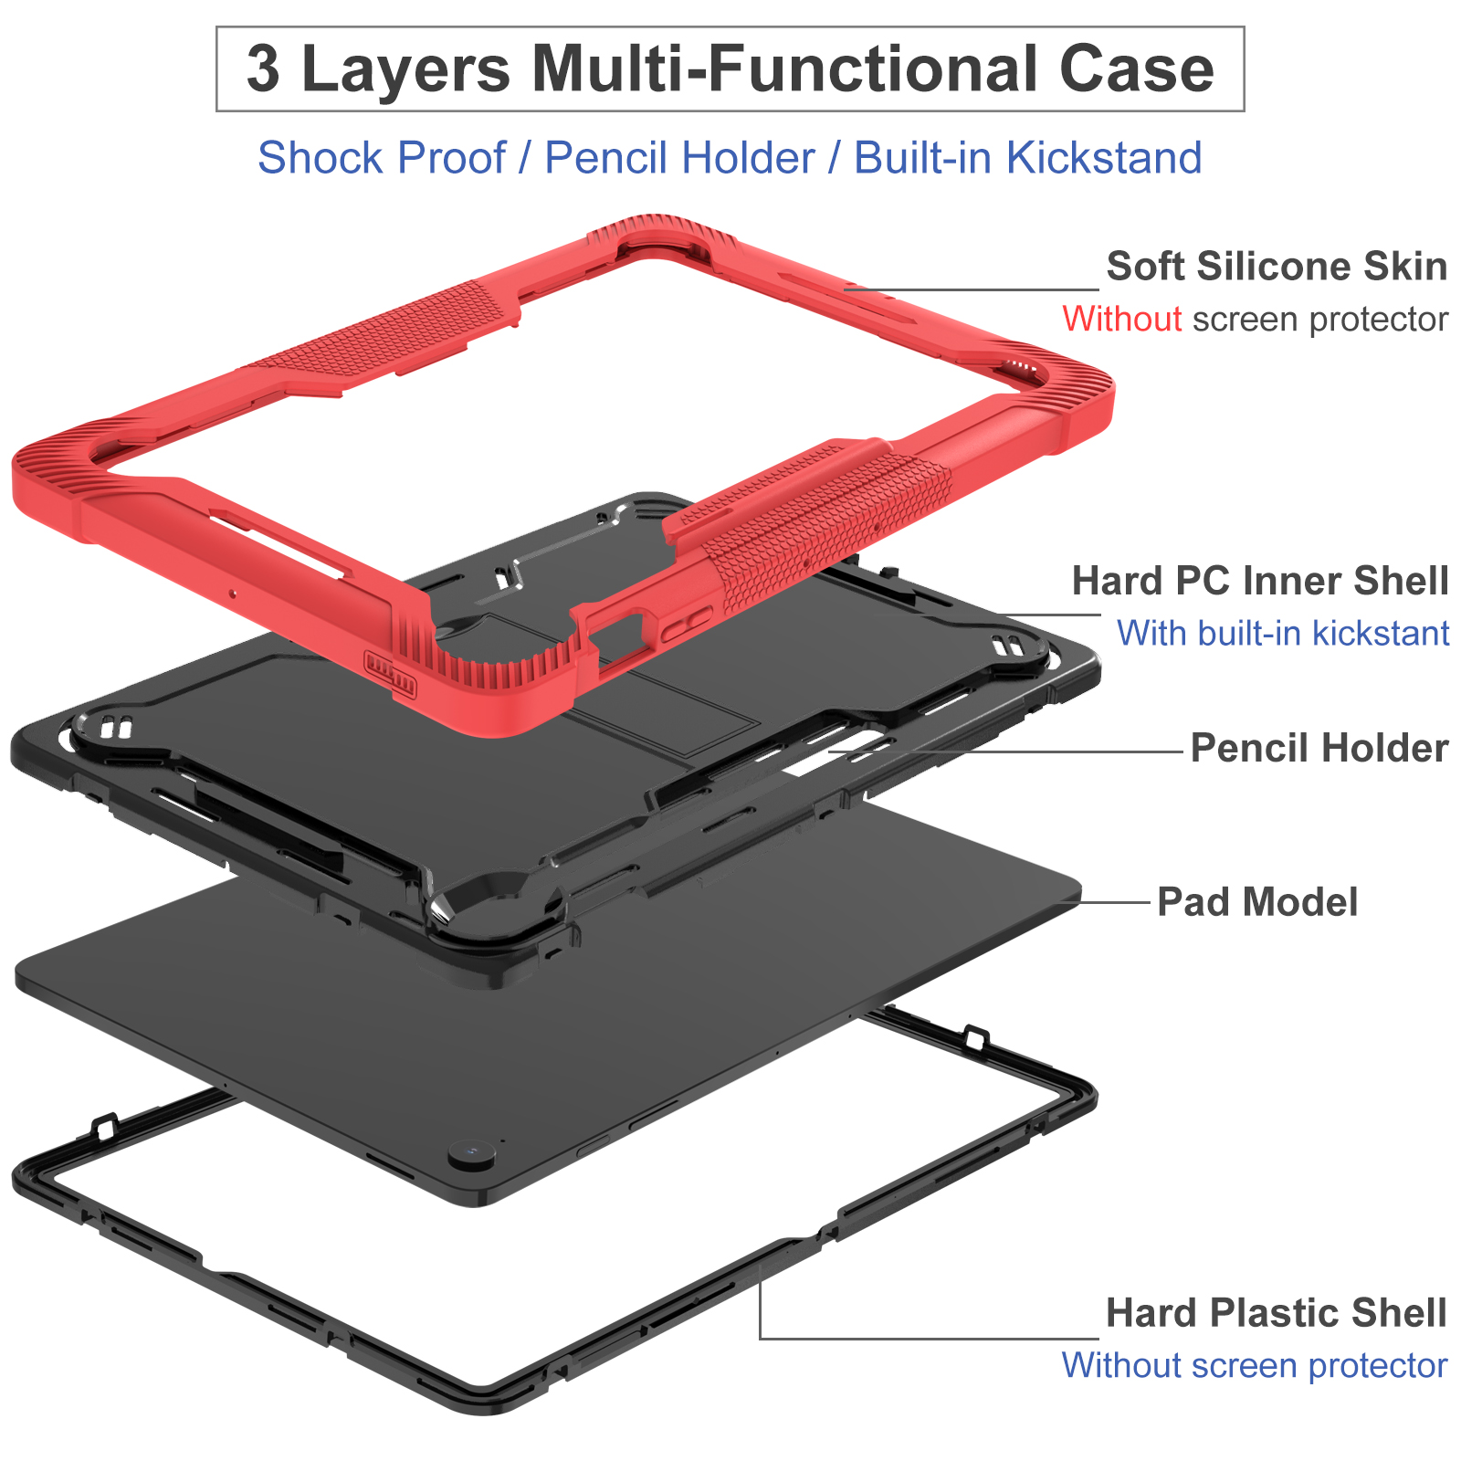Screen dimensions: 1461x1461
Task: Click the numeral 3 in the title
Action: tap(263, 69)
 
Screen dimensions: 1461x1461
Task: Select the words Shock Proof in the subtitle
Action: tap(381, 158)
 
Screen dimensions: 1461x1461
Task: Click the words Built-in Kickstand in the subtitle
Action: tap(1027, 158)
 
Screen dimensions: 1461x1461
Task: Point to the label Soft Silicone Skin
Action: tap(1276, 267)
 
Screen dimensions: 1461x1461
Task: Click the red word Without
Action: tap(1121, 320)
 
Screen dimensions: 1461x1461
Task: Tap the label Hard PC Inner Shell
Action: tap(1259, 581)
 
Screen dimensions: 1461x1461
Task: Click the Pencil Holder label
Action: tap(1319, 748)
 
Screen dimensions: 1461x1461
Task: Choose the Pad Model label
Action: tap(1256, 902)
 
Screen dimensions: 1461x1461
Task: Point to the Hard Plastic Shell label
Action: tap(1276, 1313)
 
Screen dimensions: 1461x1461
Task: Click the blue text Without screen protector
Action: tap(1254, 1366)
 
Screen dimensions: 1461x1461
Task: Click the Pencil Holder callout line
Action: tap(1004, 752)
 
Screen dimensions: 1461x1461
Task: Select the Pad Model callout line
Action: tap(1114, 902)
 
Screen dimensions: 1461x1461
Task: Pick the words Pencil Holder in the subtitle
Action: tap(679, 158)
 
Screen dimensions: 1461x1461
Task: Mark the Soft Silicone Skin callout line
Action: tap(968, 289)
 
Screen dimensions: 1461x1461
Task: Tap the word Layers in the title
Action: tap(405, 69)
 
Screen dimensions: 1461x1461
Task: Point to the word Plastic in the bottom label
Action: tap(1270, 1313)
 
